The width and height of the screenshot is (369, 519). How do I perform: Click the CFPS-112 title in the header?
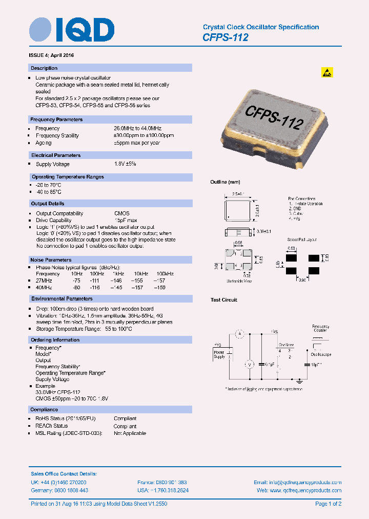(x=225, y=37)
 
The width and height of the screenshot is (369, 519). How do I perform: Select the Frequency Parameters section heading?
(x=56, y=119)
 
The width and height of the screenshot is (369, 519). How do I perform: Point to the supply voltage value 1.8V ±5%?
(x=125, y=164)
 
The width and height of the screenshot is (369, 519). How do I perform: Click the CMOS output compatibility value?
(x=121, y=213)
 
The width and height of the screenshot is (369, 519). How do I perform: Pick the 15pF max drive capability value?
(x=125, y=221)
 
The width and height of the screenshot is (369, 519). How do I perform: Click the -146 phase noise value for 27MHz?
(x=117, y=281)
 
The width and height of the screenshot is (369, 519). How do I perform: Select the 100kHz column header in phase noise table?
(x=165, y=274)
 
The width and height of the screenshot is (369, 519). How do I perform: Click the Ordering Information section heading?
(x=55, y=340)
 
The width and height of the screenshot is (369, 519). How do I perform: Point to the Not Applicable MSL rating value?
(x=130, y=433)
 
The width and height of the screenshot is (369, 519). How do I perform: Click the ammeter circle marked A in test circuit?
(x=238, y=334)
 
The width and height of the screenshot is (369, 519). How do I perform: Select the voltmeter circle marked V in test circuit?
(x=249, y=364)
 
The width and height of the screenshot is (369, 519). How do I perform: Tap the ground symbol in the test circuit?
(x=299, y=381)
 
